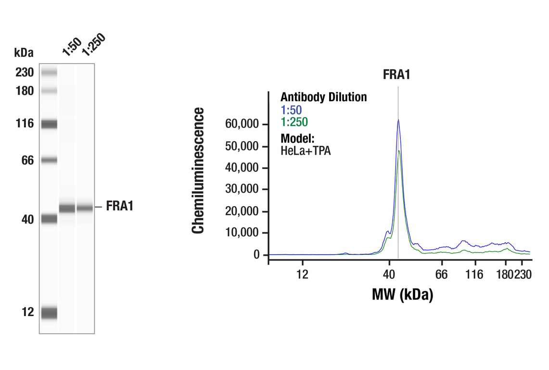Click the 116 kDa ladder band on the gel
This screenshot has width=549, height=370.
tap(49, 124)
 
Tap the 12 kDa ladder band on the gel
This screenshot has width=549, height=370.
tap(49, 313)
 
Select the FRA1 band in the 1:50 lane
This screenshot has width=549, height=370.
tap(67, 208)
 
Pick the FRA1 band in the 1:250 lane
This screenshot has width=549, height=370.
tap(85, 208)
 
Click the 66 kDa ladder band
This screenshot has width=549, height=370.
tap(49, 160)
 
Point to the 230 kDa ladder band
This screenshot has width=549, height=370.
tap(49, 73)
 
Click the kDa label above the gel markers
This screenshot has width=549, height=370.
tap(24, 53)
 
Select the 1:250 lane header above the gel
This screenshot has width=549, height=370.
tap(93, 44)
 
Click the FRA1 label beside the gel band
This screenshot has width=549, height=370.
tap(120, 207)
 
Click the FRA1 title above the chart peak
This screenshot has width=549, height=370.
tap(396, 75)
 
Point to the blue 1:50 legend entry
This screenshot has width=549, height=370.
tap(291, 110)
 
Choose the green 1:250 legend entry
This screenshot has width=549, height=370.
tap(294, 122)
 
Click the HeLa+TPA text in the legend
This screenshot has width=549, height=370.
tap(306, 150)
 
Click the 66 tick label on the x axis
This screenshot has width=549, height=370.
tap(441, 275)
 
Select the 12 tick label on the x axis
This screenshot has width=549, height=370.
tap(302, 275)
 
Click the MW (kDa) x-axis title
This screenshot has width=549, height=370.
tap(402, 294)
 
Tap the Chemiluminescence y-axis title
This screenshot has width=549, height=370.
tap(198, 171)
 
